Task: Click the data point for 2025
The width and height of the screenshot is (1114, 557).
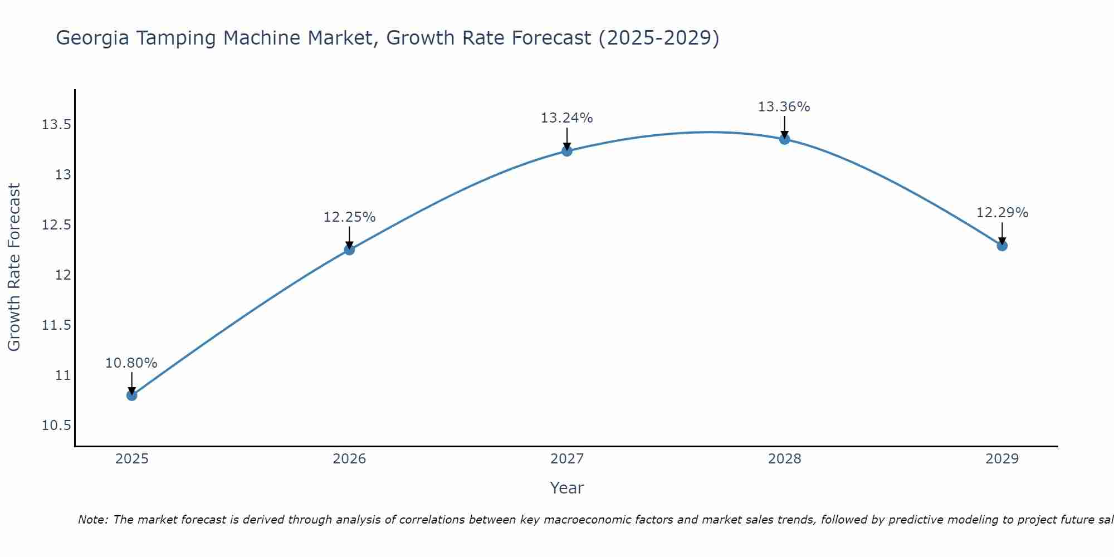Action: point(132,395)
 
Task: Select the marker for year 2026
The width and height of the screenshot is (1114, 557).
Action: point(349,250)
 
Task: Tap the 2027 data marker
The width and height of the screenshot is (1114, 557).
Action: point(567,151)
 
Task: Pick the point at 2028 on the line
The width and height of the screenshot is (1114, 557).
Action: point(784,139)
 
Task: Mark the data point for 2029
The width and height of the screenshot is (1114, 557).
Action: point(1002,246)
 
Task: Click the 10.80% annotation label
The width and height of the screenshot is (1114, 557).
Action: point(131,363)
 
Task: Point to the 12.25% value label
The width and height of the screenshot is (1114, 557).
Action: point(349,217)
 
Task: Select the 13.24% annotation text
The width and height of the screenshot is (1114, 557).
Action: point(567,118)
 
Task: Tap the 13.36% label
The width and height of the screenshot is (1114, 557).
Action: point(784,107)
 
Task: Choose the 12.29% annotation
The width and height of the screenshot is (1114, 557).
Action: point(1002,213)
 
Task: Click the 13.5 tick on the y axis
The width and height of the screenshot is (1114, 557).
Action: point(56,125)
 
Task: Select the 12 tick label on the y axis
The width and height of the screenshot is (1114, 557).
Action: point(63,275)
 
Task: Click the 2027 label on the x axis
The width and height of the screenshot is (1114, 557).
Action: point(567,459)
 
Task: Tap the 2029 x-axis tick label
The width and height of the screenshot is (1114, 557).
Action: point(1002,459)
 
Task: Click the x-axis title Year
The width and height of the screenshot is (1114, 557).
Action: point(567,488)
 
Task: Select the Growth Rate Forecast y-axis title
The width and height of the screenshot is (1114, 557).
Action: point(14,267)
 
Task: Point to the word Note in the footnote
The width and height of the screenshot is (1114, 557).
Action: point(92,520)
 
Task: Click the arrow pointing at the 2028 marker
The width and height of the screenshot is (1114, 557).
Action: point(784,126)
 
